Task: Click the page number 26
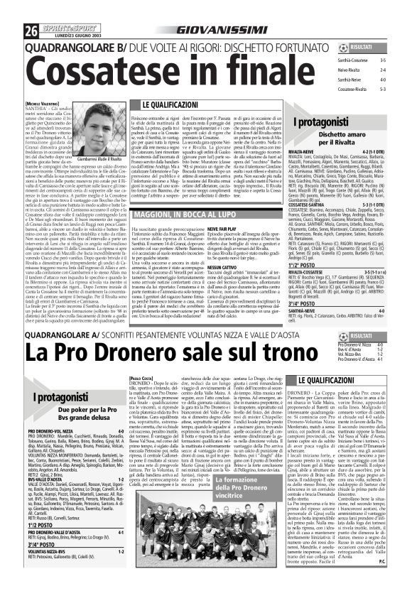click(12, 9)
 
